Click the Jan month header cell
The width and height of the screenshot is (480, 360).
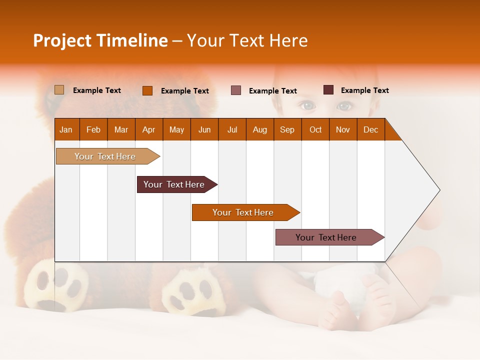click(66, 129)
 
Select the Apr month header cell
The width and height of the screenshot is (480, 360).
click(149, 129)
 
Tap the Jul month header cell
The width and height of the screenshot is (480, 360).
click(232, 129)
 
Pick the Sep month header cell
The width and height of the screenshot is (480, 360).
click(287, 129)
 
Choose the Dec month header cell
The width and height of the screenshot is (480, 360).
click(370, 129)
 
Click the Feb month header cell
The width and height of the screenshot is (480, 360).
click(93, 129)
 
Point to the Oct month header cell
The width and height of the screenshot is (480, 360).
click(315, 129)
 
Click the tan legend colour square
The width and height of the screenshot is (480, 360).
click(59, 90)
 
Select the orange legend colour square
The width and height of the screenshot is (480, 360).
click(147, 90)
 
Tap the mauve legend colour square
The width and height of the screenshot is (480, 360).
click(236, 90)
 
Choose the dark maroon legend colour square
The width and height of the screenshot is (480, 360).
click(328, 90)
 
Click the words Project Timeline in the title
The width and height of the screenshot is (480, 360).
click(100, 40)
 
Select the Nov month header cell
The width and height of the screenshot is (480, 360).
click(343, 129)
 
